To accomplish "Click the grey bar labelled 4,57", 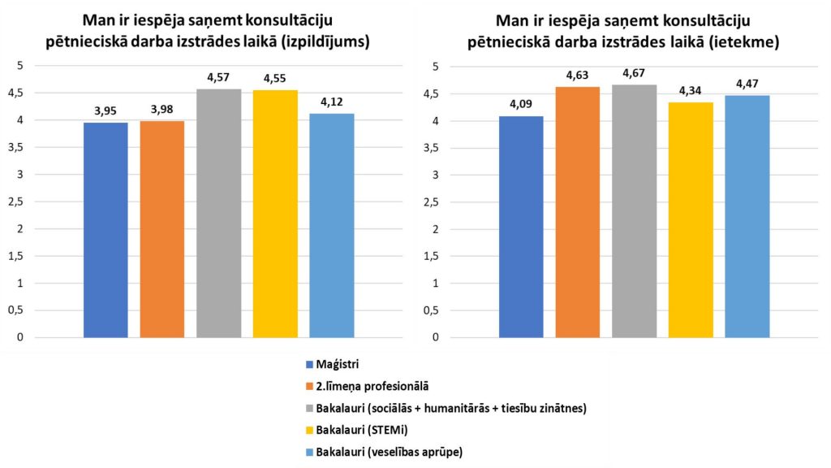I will pos(218,213).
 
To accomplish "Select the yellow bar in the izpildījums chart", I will pos(275,214).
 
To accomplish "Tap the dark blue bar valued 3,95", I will pos(105,230).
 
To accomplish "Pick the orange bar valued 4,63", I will pos(577,211).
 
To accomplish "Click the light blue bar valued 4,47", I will pos(747,216).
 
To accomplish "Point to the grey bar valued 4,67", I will pos(634,210).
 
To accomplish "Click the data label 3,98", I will pos(161,110).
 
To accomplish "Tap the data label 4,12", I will pos(331,103).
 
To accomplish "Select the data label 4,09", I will pos(521,105).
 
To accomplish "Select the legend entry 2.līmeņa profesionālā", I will pos(371,385).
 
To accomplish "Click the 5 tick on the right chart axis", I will pos(436,67).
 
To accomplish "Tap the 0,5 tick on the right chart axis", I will pos(433,310).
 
